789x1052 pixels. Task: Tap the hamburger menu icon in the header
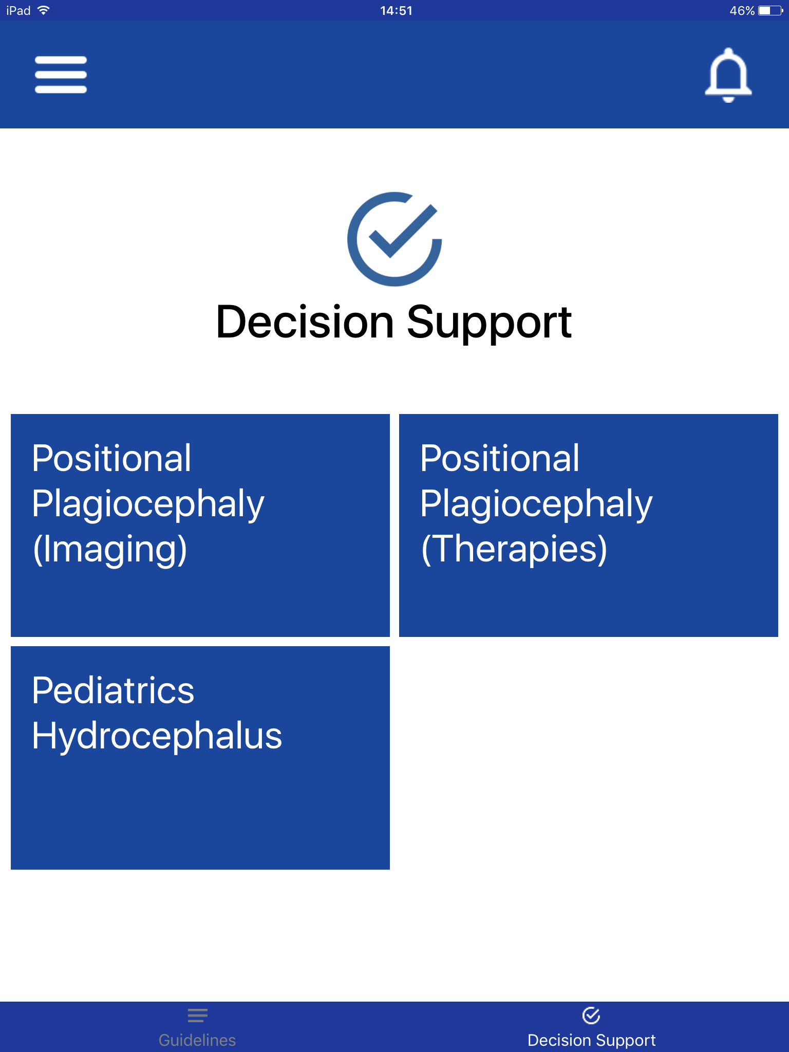[61, 75]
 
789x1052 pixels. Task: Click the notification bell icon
[728, 75]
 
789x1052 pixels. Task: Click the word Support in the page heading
[490, 324]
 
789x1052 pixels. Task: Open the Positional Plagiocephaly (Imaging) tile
[200, 525]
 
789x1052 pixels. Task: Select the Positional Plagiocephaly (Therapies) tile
[589, 525]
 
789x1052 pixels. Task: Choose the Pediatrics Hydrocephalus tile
[200, 758]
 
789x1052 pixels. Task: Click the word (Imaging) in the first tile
[110, 550]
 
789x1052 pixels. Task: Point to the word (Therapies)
[514, 550]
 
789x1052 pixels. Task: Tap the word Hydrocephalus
[157, 736]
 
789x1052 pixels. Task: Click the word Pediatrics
[113, 690]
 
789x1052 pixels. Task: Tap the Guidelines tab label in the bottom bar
[197, 1040]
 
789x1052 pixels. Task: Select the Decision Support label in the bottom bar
[592, 1040]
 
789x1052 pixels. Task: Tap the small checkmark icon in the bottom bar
[591, 1015]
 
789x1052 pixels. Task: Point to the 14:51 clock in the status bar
[396, 11]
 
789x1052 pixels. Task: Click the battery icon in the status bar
[771, 11]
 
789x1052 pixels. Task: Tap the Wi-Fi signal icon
[44, 10]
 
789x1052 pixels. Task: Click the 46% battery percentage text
[742, 11]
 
